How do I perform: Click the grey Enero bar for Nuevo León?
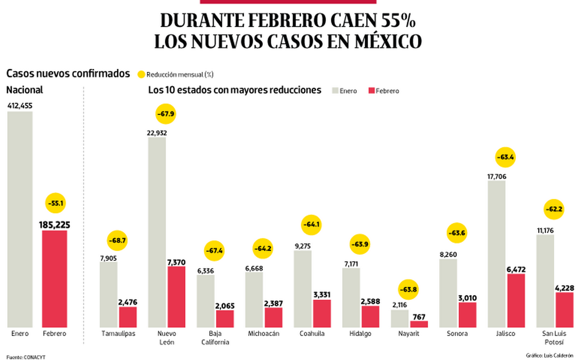[x=157, y=233]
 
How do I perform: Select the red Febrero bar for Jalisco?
[x=515, y=301]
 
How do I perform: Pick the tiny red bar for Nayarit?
[x=418, y=324]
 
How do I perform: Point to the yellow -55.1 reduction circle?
[x=55, y=203]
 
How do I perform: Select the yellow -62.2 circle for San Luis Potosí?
[x=553, y=208]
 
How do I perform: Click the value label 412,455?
[x=20, y=106]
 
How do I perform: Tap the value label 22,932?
[x=157, y=133]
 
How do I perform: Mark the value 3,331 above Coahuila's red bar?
[x=321, y=294]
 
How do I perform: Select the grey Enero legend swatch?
[x=334, y=91]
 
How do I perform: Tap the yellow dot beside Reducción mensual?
[x=141, y=74]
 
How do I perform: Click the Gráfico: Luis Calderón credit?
[x=549, y=355]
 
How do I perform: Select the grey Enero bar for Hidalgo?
[x=351, y=298]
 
